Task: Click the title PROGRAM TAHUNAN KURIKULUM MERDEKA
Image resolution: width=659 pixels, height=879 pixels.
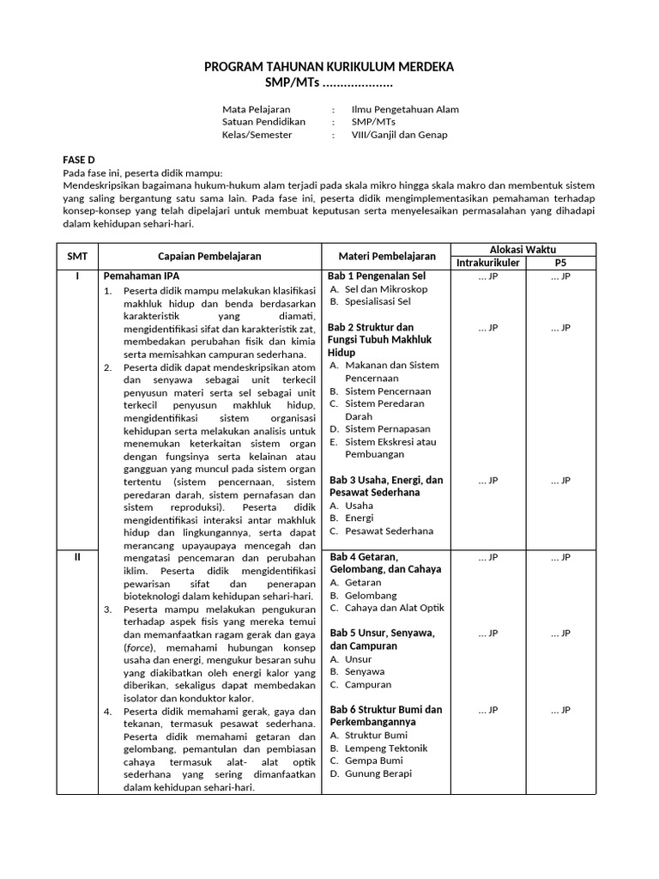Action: [329, 67]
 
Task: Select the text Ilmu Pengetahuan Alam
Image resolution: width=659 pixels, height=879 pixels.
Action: [405, 109]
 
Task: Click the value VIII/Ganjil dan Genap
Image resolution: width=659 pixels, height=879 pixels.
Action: [399, 135]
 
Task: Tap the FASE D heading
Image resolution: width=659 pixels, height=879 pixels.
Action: [80, 160]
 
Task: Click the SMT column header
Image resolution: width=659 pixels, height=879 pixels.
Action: [77, 256]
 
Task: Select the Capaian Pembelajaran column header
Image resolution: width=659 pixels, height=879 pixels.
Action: [209, 256]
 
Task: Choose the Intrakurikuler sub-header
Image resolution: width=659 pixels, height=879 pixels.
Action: [488, 263]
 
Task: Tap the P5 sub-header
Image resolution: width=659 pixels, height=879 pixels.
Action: [560, 263]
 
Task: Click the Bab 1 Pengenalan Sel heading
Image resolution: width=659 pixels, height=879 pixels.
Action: [377, 276]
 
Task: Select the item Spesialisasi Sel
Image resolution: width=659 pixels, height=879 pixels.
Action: [378, 302]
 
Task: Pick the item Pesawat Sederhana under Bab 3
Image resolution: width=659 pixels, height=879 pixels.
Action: [389, 531]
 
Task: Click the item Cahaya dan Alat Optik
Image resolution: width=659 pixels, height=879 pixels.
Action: [394, 608]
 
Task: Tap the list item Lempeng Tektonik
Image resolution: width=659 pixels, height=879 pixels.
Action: [385, 748]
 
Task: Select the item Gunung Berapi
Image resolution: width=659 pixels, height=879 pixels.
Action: [378, 773]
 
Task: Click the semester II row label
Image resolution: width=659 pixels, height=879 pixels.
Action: [77, 557]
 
